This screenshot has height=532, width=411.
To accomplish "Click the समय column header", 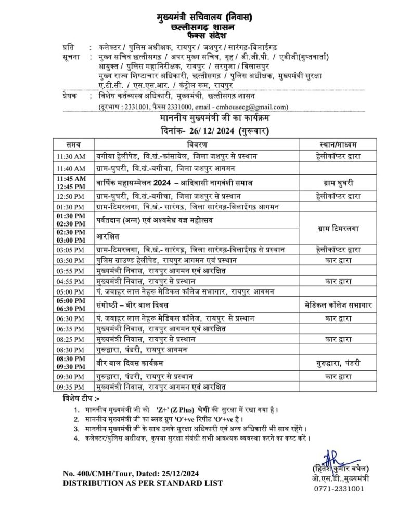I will tap(73, 144).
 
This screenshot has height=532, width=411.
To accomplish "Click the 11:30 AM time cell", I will tap(72, 156).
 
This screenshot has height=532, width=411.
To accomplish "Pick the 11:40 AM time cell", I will tap(72, 168).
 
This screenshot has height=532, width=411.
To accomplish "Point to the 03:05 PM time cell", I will tap(72, 249).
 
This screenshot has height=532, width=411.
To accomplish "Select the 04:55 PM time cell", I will tap(72, 281).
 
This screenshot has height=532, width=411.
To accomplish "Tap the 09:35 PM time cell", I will tap(72, 387).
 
